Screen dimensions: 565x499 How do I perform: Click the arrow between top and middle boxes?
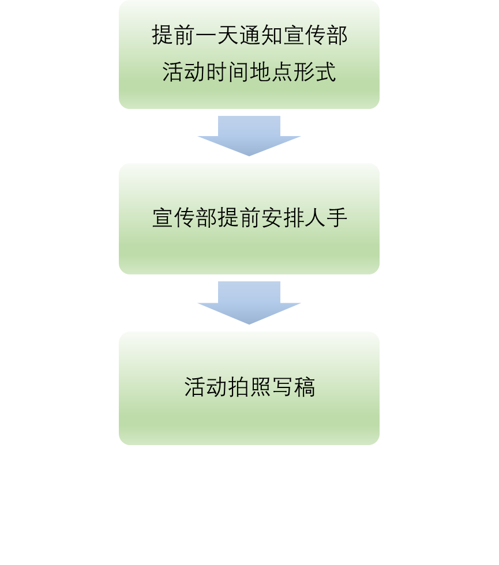click(249, 135)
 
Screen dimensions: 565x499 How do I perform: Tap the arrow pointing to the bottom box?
click(249, 302)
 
